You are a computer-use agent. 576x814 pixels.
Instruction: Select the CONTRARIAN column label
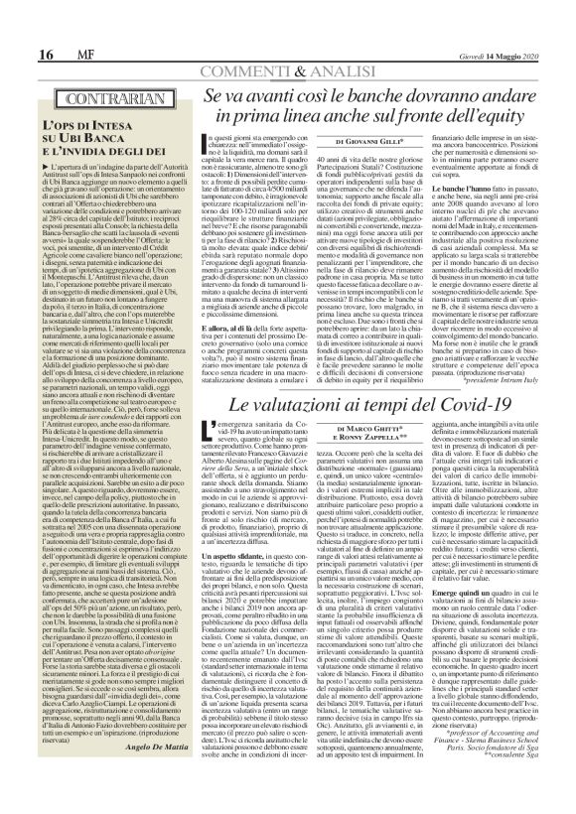(96, 100)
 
